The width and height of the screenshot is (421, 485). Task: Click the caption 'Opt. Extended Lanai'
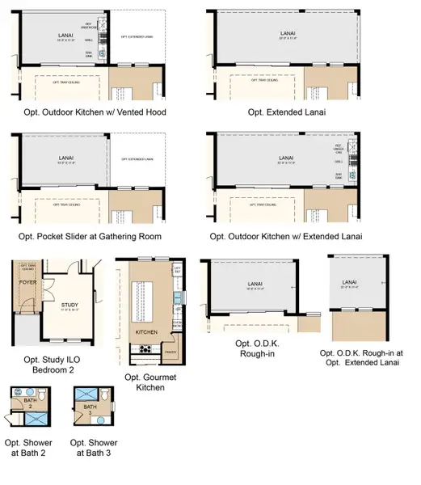pos(287,112)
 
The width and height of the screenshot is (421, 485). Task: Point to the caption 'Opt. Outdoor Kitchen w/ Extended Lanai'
pos(285,236)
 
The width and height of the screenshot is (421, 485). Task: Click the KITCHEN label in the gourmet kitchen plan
pos(145,332)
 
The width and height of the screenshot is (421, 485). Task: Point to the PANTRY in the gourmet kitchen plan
pos(171,352)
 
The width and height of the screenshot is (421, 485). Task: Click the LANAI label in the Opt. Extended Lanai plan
pos(286,34)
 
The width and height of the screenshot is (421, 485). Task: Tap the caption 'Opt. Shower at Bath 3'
pos(94,448)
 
